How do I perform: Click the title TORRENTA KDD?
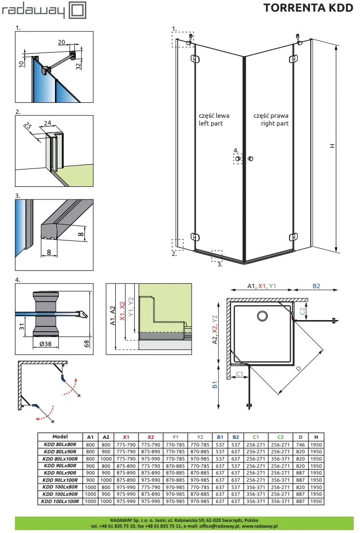click(x=309, y=9)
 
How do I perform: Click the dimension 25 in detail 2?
click(x=28, y=127)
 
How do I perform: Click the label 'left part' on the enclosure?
click(x=211, y=124)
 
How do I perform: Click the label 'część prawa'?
click(x=271, y=116)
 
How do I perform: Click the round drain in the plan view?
click(x=263, y=316)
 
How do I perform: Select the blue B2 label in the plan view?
click(x=316, y=286)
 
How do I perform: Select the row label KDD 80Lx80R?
click(x=60, y=444)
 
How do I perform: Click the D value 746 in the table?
click(x=301, y=444)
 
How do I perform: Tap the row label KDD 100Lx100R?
click(x=60, y=502)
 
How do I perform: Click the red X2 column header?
click(x=151, y=437)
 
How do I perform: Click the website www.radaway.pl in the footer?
click(x=259, y=526)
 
